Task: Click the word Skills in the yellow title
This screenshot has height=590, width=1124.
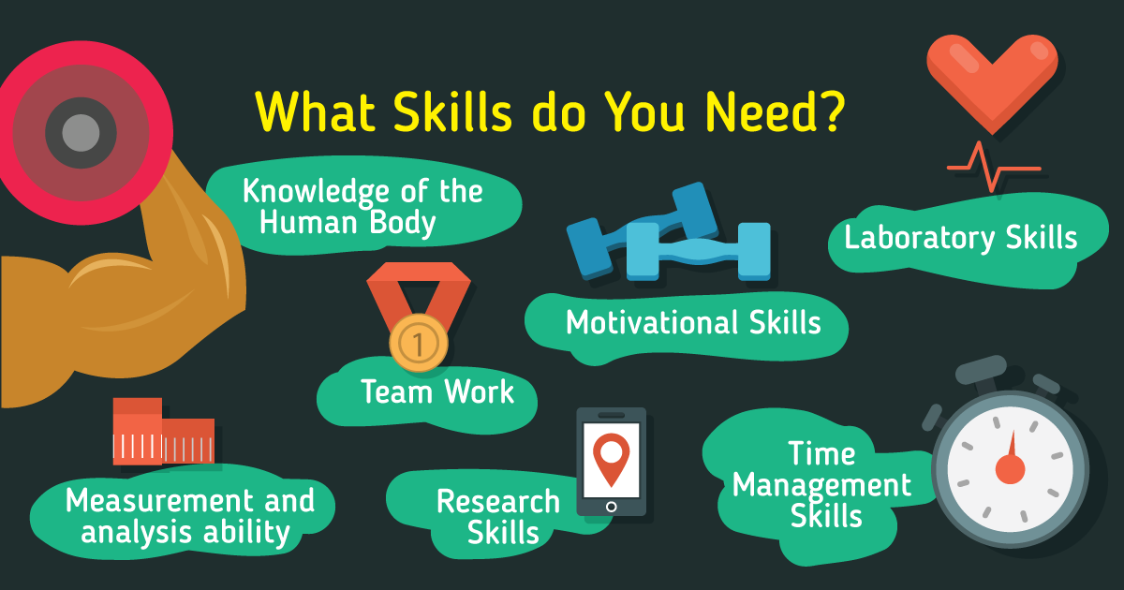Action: point(452,111)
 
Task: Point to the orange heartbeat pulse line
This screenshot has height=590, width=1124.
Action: point(994,168)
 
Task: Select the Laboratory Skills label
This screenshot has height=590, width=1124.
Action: point(960,238)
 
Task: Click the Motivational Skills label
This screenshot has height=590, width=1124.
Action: point(693,322)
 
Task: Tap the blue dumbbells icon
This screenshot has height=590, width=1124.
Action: point(670,232)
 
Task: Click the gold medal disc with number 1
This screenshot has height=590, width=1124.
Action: point(419,343)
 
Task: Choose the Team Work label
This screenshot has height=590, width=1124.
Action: point(437,391)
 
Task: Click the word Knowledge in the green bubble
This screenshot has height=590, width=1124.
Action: point(317,192)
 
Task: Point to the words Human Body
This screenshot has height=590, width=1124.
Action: point(348,223)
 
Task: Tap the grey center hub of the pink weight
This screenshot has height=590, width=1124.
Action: point(81,133)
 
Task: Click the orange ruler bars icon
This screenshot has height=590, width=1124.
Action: point(164,432)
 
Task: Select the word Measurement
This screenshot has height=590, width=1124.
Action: point(160,501)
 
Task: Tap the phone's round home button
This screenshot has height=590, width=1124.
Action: point(611,507)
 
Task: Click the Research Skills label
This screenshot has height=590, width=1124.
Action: point(498,517)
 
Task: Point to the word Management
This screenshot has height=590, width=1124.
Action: point(821,486)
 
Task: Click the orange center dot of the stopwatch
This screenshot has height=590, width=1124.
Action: point(1010,469)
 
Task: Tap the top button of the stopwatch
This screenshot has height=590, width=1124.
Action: point(982,370)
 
